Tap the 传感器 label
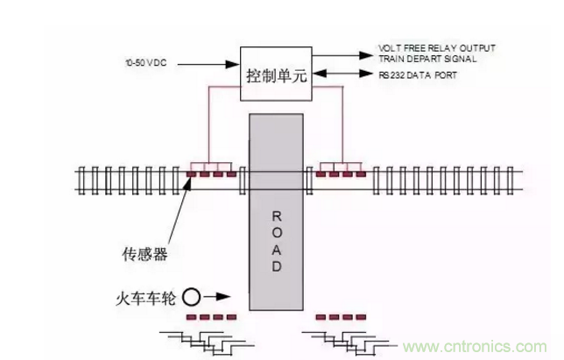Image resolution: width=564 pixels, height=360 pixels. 146,255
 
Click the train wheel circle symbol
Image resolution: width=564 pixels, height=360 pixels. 190,297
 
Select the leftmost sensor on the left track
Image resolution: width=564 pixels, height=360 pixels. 192,174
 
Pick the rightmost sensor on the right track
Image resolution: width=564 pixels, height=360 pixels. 360,174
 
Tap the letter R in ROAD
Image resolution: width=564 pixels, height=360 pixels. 277,215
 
